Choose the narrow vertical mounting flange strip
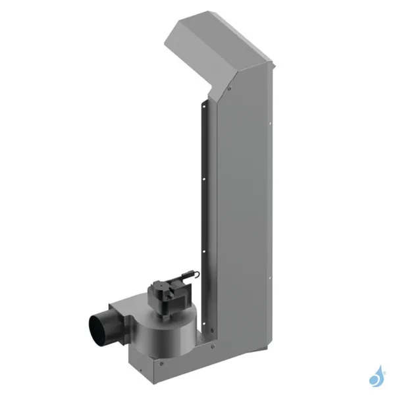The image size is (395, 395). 207,217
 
